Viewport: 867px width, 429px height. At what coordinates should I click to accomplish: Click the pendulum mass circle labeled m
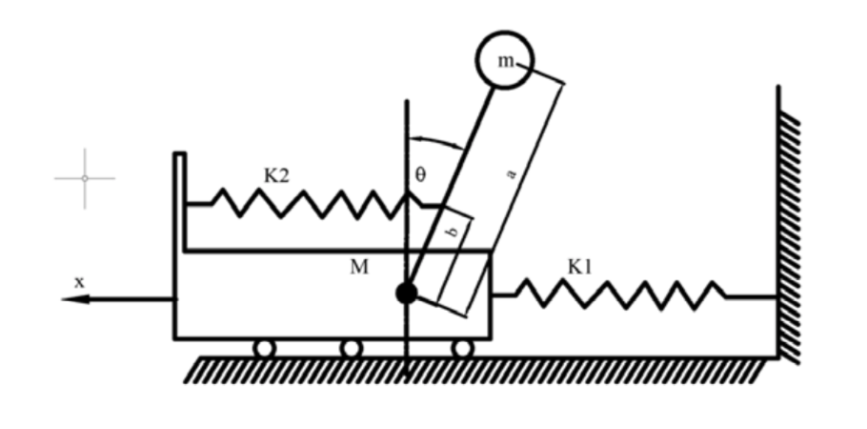505,60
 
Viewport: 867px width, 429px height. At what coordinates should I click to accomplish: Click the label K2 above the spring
276,176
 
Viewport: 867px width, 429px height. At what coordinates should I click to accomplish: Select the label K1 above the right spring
580,267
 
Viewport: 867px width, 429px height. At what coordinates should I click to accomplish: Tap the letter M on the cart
359,267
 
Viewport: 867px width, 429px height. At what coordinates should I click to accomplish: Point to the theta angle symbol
420,174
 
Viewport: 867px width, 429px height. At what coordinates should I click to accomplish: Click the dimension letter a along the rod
512,174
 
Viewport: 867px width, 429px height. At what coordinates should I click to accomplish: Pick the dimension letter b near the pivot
453,232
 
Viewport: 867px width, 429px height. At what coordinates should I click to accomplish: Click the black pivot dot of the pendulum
407,293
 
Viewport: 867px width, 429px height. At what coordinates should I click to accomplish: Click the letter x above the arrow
80,282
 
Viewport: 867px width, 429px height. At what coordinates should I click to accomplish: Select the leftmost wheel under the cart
264,348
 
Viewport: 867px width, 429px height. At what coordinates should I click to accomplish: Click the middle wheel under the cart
352,348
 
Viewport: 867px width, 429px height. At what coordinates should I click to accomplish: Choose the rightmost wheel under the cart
462,348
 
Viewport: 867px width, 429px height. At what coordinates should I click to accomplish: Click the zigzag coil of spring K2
310,204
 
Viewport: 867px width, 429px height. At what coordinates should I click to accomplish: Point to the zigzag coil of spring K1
620,295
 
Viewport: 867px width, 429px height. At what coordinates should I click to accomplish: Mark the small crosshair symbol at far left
85,178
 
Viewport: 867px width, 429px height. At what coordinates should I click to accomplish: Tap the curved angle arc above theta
436,139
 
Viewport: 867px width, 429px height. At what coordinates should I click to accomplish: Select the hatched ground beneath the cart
475,370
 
